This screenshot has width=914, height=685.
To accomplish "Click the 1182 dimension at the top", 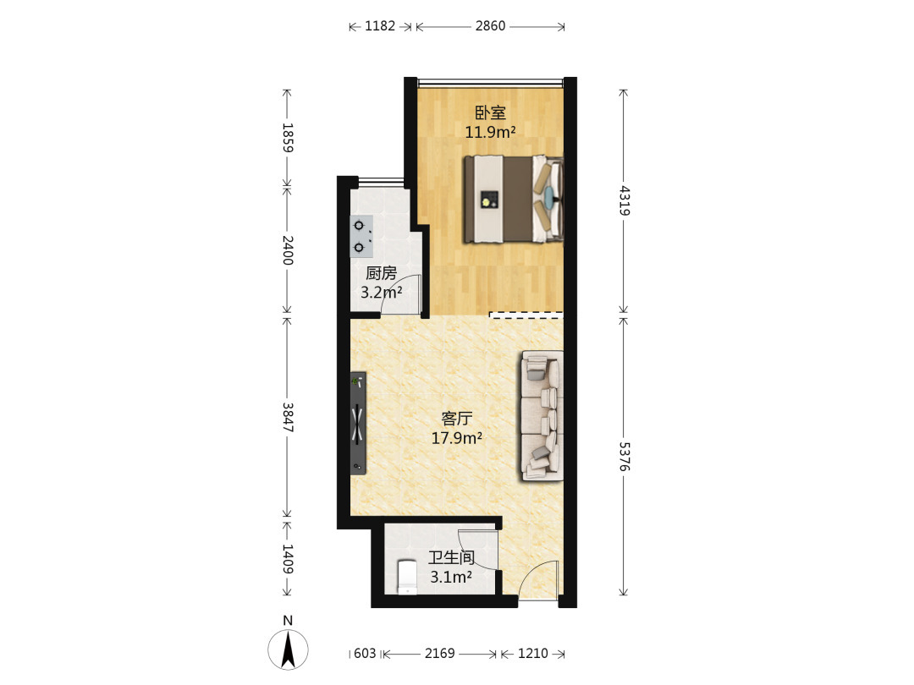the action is click(380, 26).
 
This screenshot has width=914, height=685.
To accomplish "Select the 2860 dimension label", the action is click(490, 26).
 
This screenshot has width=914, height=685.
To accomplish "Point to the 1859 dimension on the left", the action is click(288, 138).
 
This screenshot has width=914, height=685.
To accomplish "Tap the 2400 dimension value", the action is click(288, 249).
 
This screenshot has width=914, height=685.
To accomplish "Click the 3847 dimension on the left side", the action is click(288, 417).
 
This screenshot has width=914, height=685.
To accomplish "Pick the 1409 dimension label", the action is click(288, 559).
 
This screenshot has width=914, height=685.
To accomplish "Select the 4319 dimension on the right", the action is click(625, 200).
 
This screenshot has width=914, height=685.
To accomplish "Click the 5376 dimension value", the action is click(625, 457).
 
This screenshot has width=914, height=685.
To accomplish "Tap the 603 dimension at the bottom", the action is click(365, 654).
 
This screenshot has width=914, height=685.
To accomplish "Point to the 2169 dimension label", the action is click(439, 654).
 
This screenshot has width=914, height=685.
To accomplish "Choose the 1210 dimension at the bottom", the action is click(533, 654).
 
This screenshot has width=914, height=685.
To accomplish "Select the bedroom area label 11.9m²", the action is click(490, 132).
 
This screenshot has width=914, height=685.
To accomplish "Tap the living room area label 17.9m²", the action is click(456, 438).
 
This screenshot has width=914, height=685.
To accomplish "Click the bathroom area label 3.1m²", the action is click(450, 578).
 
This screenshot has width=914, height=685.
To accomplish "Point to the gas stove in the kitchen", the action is click(361, 237).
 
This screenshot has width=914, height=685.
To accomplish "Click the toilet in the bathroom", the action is click(407, 578).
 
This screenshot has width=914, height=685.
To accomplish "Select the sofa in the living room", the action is click(542, 416).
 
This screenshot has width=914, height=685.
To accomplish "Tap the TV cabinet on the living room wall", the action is click(358, 424).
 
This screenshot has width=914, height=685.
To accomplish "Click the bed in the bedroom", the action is click(514, 200).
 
